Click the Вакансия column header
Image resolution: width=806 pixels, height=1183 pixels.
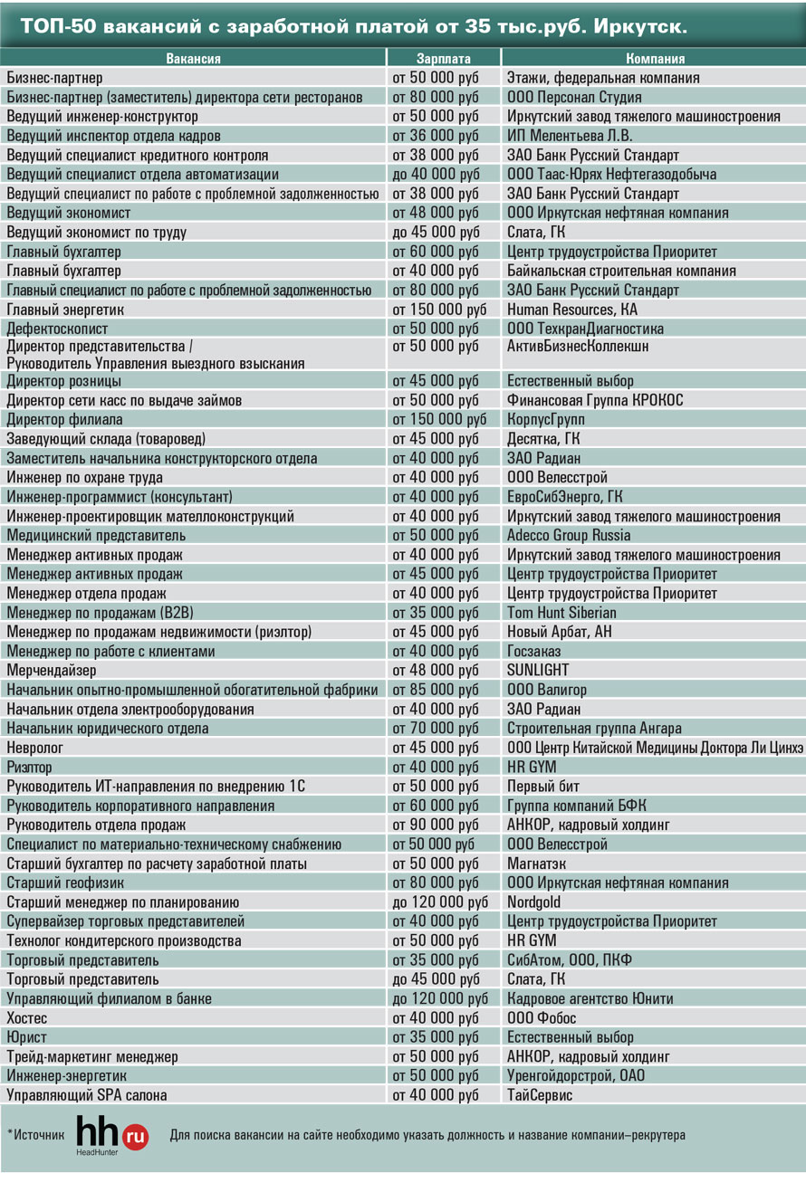tap(193, 59)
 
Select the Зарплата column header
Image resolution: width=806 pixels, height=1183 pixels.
tap(445, 59)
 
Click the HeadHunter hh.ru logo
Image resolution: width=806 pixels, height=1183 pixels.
tap(111, 1135)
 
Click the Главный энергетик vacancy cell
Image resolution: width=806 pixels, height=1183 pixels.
tap(65, 310)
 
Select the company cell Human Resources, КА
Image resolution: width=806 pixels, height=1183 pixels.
tap(572, 310)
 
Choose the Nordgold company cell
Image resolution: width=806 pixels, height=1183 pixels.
tap(534, 902)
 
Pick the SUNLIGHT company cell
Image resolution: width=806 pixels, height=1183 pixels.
tap(538, 671)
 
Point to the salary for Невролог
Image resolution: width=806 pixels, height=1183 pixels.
tap(436, 748)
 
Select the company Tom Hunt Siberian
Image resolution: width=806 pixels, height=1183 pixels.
tap(561, 613)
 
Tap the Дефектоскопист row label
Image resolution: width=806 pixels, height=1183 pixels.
tap(57, 329)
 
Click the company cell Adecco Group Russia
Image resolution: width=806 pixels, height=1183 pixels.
tap(569, 536)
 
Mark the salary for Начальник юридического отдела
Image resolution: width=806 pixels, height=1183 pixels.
tap(436, 729)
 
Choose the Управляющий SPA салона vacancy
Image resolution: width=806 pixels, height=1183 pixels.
tap(87, 1095)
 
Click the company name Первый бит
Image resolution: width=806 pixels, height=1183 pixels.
tap(543, 787)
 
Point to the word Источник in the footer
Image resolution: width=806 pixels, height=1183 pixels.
tap(36, 1134)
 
